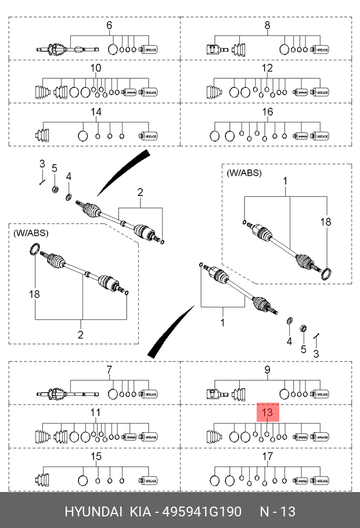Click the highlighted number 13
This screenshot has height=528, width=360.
pyautogui.click(x=267, y=413)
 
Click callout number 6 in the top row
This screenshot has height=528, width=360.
pyautogui.click(x=109, y=25)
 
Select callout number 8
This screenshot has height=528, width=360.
pyautogui.click(x=267, y=25)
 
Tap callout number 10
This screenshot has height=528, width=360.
pyautogui.click(x=96, y=68)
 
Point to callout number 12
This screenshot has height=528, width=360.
pyautogui.click(x=267, y=68)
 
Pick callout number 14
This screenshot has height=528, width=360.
pyautogui.click(x=96, y=112)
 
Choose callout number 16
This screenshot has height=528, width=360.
pyautogui.click(x=267, y=112)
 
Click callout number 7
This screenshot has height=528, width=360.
pyautogui.click(x=109, y=370)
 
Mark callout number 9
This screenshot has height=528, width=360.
pyautogui.click(x=267, y=370)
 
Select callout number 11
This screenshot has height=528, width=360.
pyautogui.click(x=96, y=413)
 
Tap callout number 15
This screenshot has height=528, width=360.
pyautogui.click(x=96, y=457)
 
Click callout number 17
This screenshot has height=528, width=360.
pyautogui.click(x=267, y=457)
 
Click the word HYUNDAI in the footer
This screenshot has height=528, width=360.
pyautogui.click(x=93, y=512)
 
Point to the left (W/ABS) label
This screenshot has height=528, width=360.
pyautogui.click(x=31, y=233)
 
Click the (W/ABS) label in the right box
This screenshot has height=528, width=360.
pyautogui.click(x=244, y=173)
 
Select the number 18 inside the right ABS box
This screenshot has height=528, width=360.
pyautogui.click(x=326, y=222)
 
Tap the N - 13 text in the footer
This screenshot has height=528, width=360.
pyautogui.click(x=278, y=512)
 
